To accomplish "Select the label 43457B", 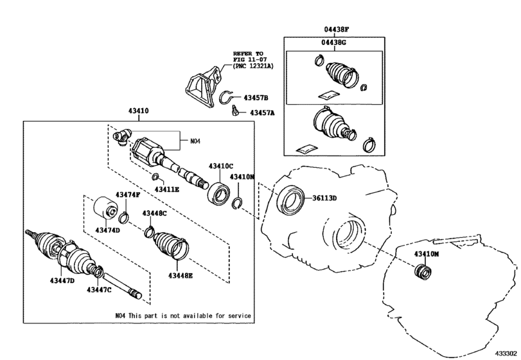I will [256, 98].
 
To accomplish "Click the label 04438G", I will [334, 42].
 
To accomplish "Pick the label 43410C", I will [220, 166].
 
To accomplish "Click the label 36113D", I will [324, 198].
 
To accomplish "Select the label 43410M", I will [426, 255].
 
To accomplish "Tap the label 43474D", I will [108, 230].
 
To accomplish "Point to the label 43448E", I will [182, 275].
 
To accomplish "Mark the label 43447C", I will [100, 290].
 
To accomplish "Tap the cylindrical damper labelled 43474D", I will [103, 209].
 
